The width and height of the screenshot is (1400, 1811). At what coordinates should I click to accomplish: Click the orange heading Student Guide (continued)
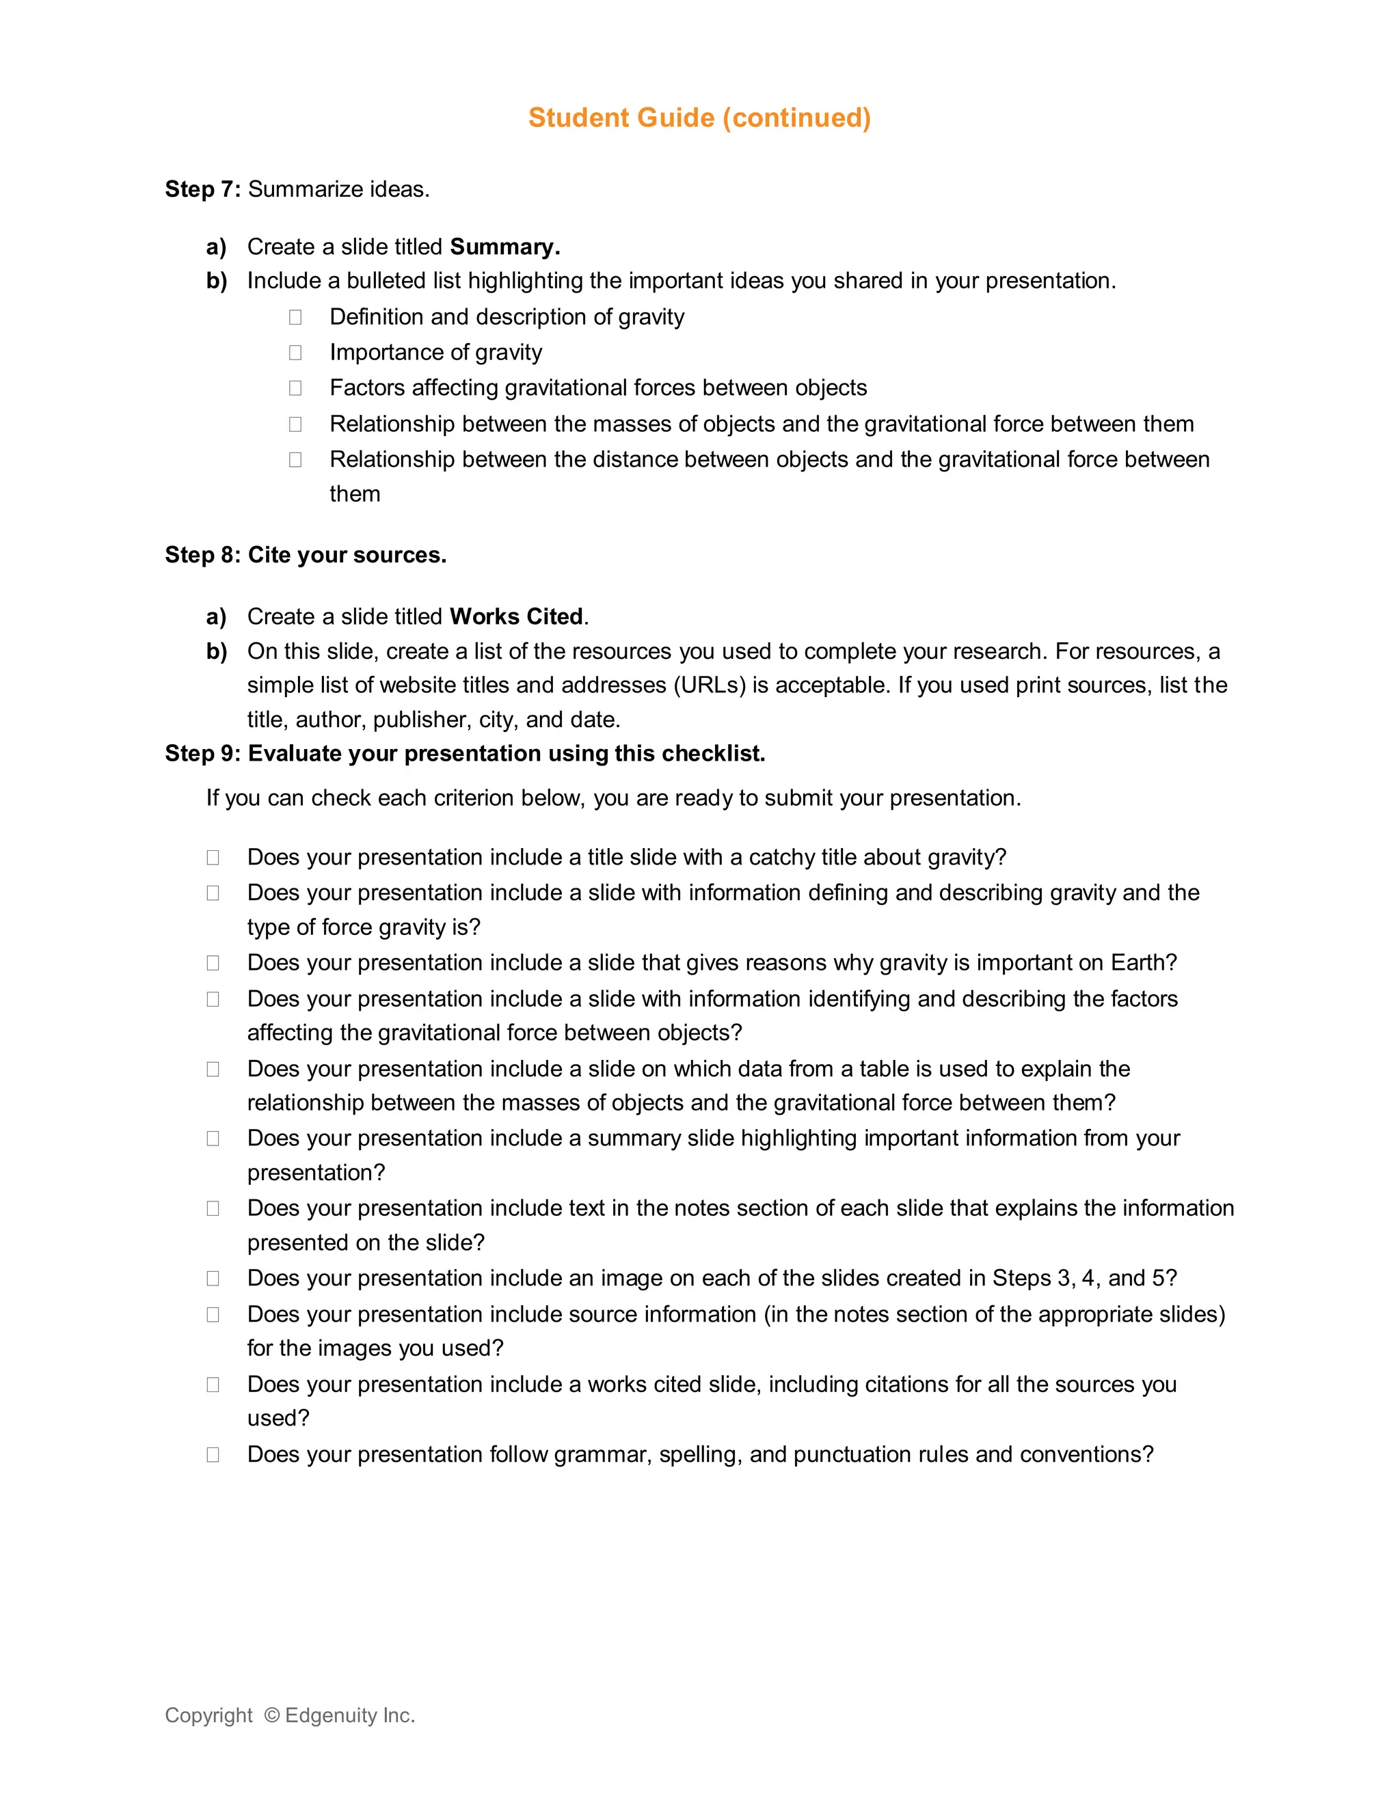tap(699, 118)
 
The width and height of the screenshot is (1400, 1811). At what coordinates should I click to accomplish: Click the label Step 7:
tap(202, 189)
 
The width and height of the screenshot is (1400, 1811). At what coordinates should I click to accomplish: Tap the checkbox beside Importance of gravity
tap(295, 353)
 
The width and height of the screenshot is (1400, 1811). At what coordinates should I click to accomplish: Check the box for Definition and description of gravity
tap(295, 317)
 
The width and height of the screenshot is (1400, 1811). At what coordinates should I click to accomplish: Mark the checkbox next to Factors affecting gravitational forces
tap(295, 388)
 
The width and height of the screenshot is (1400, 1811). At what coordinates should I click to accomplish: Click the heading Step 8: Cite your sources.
tap(305, 555)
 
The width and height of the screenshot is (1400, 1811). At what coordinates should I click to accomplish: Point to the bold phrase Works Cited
tap(516, 617)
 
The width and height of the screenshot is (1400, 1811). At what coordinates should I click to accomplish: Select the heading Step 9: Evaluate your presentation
tap(464, 754)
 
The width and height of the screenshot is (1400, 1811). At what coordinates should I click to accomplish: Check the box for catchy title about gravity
tap(213, 858)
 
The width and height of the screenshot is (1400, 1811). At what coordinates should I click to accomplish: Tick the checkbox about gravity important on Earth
tap(213, 963)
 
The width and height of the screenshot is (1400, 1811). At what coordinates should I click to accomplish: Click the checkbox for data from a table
tap(213, 1069)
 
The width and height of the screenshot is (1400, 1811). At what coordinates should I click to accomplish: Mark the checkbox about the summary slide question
tap(213, 1139)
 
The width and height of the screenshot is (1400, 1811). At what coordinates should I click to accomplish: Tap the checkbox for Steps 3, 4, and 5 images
tap(213, 1279)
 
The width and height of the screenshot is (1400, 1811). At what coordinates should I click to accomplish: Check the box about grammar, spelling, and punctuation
tap(213, 1454)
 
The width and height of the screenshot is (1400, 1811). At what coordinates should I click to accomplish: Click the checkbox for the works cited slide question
tap(213, 1385)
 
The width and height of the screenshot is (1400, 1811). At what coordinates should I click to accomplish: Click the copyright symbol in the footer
tap(271, 1715)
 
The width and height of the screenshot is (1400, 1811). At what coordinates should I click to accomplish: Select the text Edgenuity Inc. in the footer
tap(349, 1715)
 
